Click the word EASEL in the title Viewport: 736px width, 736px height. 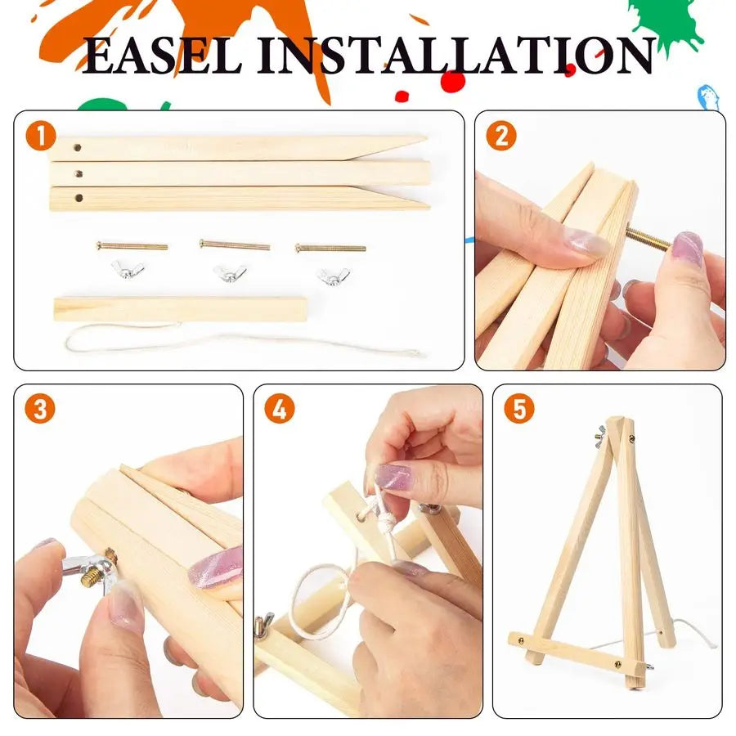164,56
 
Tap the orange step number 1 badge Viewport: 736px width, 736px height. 40,136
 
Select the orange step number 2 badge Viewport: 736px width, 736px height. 500,136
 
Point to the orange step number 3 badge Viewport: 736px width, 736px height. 40,410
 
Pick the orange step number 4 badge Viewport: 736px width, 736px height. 279,410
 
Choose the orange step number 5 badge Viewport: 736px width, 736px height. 518,410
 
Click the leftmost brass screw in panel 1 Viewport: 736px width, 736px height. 132,245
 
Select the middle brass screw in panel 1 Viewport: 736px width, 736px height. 235,245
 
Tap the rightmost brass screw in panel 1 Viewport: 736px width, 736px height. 330,247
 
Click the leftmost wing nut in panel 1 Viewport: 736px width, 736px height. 128,271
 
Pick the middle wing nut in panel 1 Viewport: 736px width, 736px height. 230,273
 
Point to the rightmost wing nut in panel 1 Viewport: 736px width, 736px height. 333,276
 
